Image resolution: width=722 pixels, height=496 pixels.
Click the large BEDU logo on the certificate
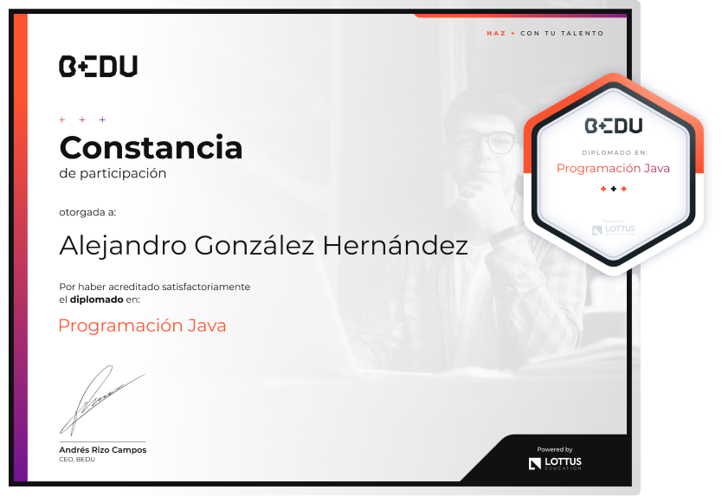[x=98, y=67]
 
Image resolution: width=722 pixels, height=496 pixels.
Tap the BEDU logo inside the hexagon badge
[x=613, y=126]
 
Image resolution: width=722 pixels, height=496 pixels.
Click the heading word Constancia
[x=151, y=147]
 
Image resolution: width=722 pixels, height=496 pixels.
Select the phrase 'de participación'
[x=113, y=173]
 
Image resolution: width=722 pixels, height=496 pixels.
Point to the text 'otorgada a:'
[x=87, y=212]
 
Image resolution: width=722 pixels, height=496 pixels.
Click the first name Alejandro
[x=123, y=247]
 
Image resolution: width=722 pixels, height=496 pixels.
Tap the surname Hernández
[x=395, y=245]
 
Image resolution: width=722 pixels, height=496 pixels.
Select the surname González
[x=255, y=245]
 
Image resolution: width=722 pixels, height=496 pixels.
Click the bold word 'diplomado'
[x=96, y=300]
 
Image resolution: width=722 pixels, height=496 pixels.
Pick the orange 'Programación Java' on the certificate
[x=142, y=326]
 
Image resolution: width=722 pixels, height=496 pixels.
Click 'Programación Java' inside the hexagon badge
[x=613, y=169]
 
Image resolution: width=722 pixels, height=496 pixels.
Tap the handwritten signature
[x=102, y=401]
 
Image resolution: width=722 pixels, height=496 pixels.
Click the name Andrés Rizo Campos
[x=103, y=450]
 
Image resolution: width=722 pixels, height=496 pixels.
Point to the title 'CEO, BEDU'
[x=77, y=460]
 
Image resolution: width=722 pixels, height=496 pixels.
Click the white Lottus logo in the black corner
[x=555, y=463]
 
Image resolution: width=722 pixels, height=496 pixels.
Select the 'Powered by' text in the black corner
[x=554, y=449]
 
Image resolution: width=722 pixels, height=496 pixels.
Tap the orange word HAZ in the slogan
[x=496, y=34]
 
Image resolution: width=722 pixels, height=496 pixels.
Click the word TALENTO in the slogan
[x=582, y=34]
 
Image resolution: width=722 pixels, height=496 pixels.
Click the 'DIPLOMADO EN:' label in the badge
[x=615, y=152]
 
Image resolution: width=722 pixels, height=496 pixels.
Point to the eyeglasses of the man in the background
[x=486, y=141]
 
